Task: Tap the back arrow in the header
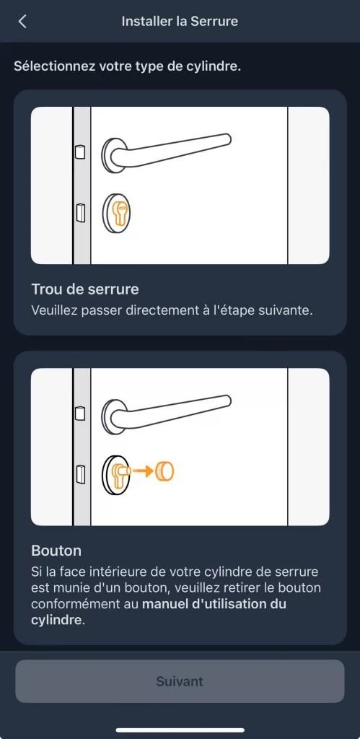click(22, 22)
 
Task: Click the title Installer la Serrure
click(180, 22)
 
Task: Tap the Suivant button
click(180, 681)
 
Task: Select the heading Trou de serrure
click(85, 289)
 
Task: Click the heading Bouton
click(56, 551)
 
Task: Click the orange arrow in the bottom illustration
click(144, 471)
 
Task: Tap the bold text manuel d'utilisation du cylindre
click(214, 604)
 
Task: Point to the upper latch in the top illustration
click(79, 152)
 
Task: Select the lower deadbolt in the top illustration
click(79, 212)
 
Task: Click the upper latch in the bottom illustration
click(79, 413)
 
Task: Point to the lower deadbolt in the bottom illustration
click(79, 473)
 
